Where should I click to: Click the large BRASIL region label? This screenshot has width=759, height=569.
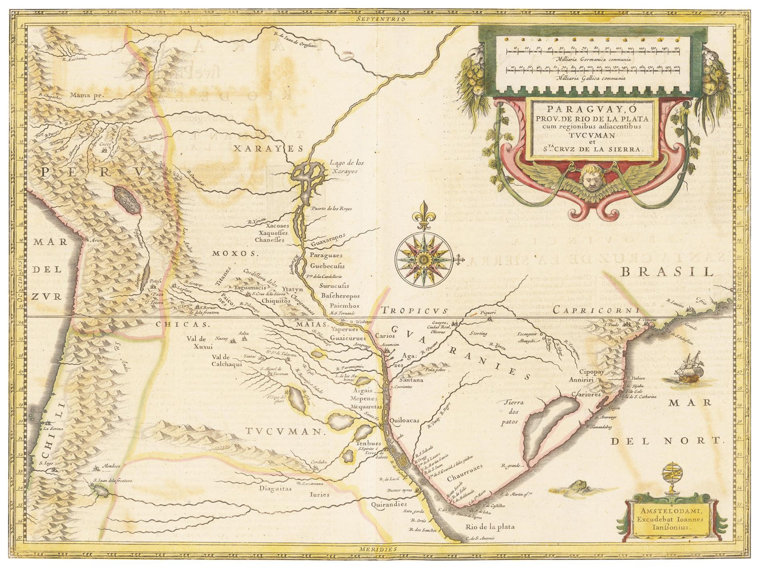point(667,272)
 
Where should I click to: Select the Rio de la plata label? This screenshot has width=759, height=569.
point(490,526)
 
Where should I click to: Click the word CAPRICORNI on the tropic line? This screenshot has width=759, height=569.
point(596,311)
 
